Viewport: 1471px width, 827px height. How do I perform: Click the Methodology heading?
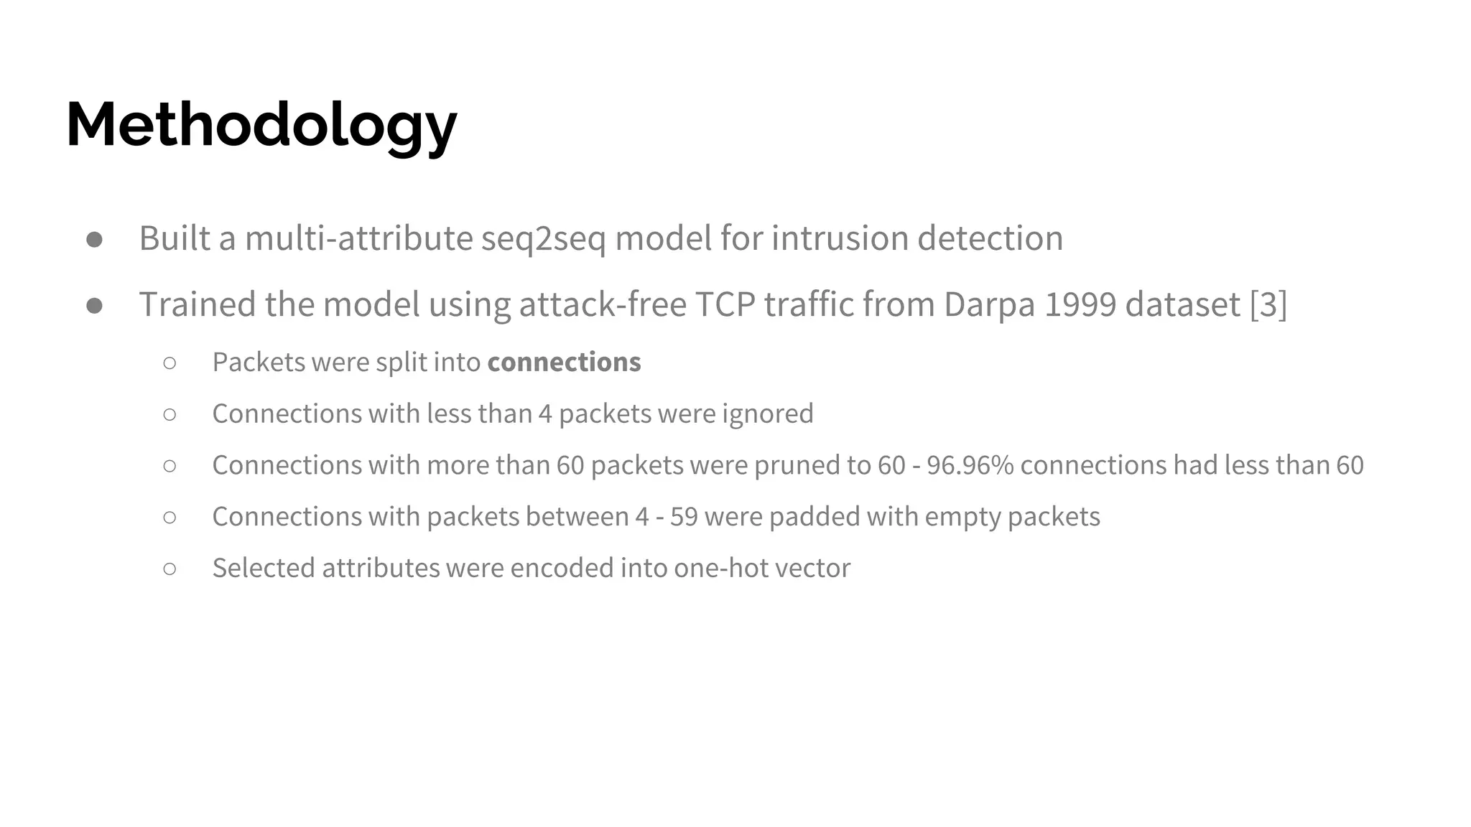tap(261, 126)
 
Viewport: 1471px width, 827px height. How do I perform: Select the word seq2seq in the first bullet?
tap(543, 238)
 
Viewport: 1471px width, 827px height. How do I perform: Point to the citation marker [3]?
tap(1268, 304)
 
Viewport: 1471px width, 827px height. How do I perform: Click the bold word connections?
tap(564, 363)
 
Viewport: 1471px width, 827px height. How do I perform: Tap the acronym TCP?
tap(725, 304)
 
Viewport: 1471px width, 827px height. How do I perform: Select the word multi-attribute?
tap(358, 238)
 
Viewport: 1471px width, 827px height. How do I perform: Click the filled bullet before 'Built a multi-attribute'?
tap(94, 240)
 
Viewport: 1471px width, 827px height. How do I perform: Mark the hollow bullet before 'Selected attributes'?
tap(170, 569)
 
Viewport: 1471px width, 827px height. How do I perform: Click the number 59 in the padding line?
tap(684, 517)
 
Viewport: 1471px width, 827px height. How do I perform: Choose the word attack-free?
tap(603, 304)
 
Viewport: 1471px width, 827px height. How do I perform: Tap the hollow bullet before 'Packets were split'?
tap(170, 363)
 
